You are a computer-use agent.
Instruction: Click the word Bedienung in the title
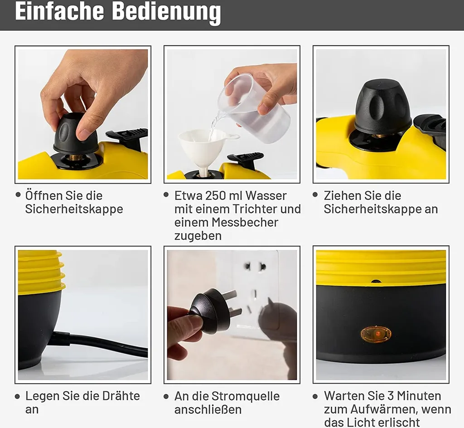(166, 12)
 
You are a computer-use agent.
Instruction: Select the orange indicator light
(376, 334)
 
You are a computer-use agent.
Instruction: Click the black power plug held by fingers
(211, 311)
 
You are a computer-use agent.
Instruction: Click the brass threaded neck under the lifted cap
(76, 157)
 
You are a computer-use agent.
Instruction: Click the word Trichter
(258, 209)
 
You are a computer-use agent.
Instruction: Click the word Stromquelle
(245, 396)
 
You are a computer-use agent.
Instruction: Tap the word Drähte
(118, 396)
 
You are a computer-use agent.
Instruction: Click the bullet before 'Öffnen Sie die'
(18, 195)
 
